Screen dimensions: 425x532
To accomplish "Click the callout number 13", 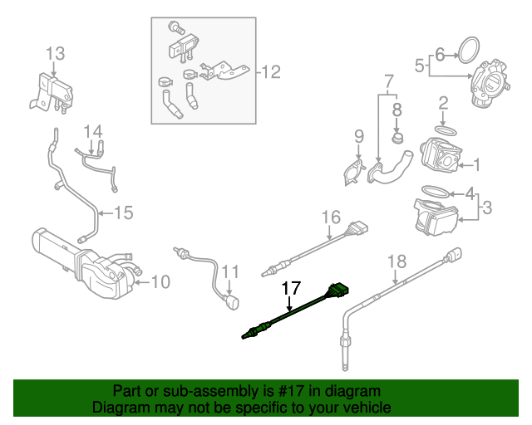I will [x=55, y=55].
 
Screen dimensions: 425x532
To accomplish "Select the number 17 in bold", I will [x=290, y=289].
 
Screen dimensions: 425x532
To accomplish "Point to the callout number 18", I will [x=397, y=261].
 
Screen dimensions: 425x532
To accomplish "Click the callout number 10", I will [x=160, y=282].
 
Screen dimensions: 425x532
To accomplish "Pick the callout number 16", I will [x=331, y=217].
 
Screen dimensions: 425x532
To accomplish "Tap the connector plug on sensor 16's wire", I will [x=358, y=227].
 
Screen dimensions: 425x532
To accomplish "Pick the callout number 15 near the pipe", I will [x=123, y=213].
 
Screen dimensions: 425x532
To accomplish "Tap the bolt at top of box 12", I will [x=178, y=27].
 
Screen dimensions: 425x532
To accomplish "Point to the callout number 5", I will [x=421, y=64].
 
